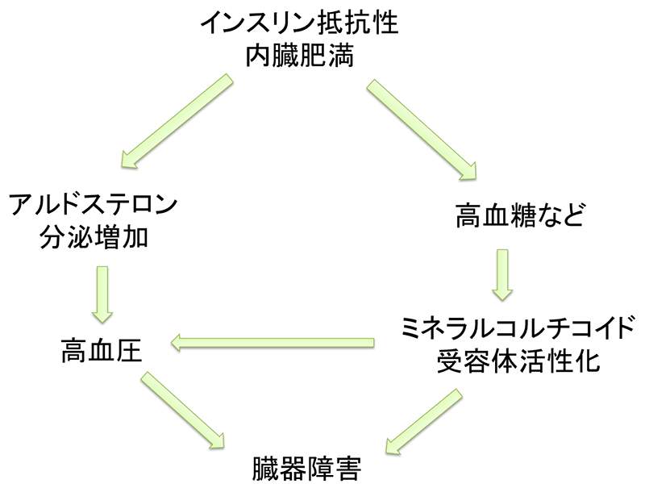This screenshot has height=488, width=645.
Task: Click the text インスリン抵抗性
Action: coord(300,22)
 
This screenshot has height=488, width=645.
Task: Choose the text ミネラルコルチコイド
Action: coord(518,328)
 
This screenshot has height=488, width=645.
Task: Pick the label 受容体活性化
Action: coord(518,361)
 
